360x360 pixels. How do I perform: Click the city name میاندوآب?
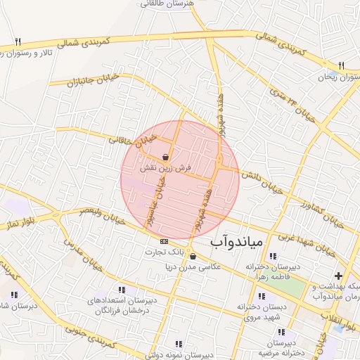237,242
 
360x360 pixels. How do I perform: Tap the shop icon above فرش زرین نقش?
166,157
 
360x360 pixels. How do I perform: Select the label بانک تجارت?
172,251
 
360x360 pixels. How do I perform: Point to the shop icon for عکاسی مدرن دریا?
193,257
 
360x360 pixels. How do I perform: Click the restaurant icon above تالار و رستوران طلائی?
18,41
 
